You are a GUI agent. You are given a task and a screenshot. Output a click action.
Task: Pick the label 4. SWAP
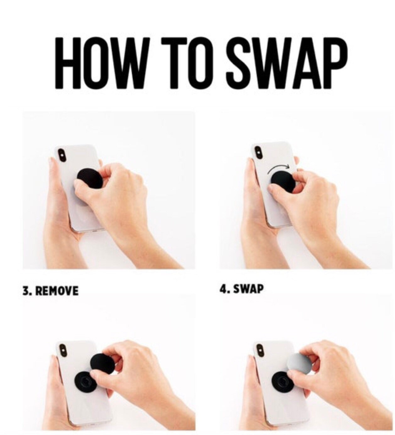(242, 289)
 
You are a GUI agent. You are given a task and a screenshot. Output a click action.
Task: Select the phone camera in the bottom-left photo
(63, 351)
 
